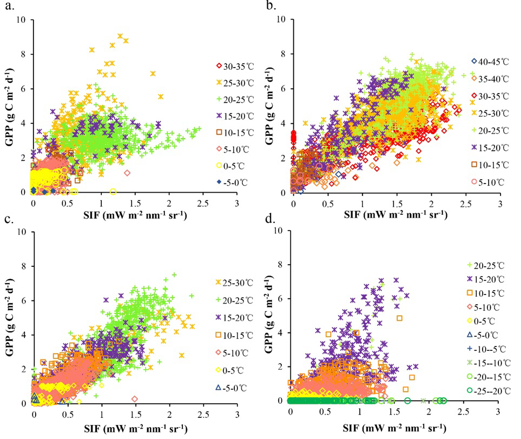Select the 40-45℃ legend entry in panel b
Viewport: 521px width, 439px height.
coord(488,61)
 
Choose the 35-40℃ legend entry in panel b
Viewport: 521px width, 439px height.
coord(488,78)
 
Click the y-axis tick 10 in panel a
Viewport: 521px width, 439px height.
coord(21,21)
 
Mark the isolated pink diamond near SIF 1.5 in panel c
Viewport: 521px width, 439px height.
coord(135,399)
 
